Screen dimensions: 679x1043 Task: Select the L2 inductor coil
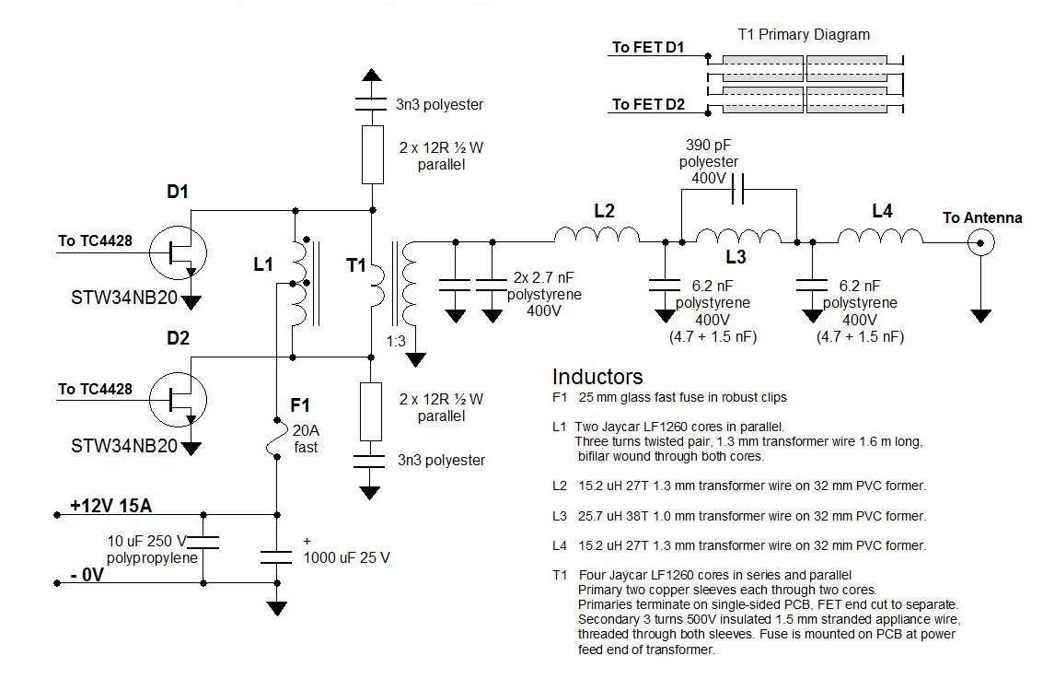point(597,238)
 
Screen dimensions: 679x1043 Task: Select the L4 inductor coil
point(879,238)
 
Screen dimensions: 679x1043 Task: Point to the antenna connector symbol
point(983,244)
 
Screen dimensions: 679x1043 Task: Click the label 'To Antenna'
point(982,217)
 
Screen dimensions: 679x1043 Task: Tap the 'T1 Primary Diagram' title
point(804,35)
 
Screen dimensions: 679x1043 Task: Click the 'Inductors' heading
point(597,377)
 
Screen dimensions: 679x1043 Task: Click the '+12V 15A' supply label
point(111,506)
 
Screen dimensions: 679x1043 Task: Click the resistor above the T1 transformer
point(372,155)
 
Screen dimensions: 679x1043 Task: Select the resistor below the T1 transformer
point(372,412)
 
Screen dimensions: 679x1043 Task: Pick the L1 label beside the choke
point(264,265)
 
